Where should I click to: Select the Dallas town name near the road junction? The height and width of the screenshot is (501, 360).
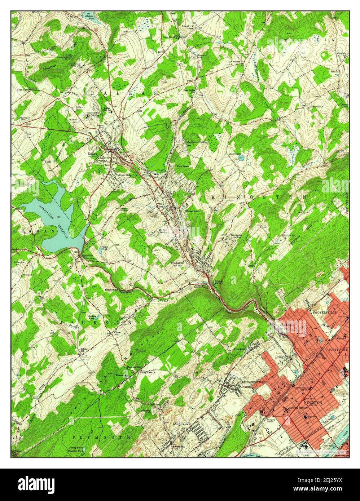click(x=93, y=154)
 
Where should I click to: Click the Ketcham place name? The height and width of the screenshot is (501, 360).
click(x=236, y=62)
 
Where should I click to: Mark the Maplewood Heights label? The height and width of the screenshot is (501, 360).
click(x=197, y=142)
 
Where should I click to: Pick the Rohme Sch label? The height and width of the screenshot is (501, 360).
click(x=84, y=350)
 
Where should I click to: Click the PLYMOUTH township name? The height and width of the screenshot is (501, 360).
click(x=101, y=437)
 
